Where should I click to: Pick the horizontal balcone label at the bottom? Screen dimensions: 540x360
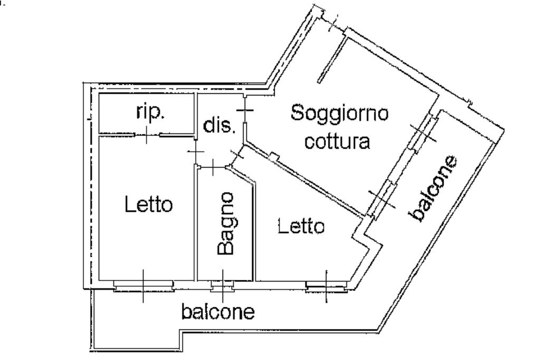pyautogui.click(x=218, y=312)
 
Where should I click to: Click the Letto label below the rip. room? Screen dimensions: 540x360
pyautogui.click(x=148, y=204)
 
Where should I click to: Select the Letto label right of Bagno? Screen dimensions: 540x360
pyautogui.click(x=301, y=227)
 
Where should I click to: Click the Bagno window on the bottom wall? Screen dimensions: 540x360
pyautogui.click(x=222, y=286)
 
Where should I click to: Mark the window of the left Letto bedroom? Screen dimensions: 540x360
pyautogui.click(x=143, y=285)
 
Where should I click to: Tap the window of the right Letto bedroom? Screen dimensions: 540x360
pyautogui.click(x=326, y=287)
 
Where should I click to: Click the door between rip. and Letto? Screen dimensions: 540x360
pyautogui.click(x=147, y=135)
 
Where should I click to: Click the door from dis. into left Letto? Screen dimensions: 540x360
pyautogui.click(x=196, y=153)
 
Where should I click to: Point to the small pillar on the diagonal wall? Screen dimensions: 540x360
pyautogui.click(x=273, y=156)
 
